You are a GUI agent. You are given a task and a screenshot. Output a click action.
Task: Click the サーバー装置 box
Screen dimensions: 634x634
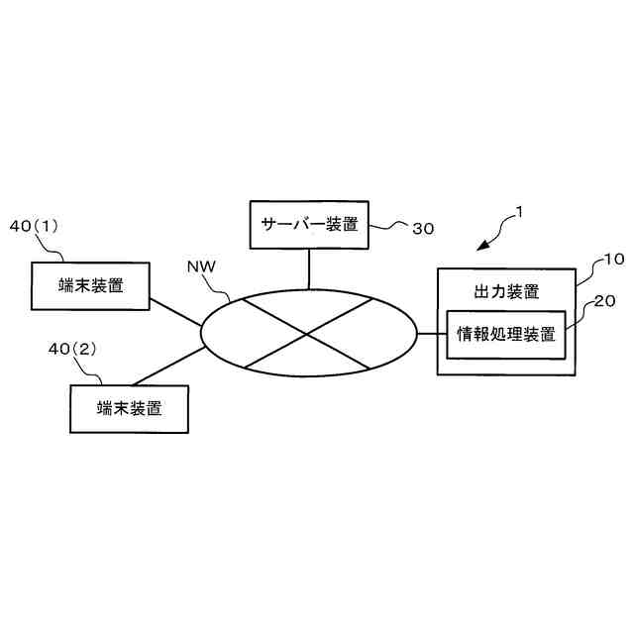[x=308, y=223]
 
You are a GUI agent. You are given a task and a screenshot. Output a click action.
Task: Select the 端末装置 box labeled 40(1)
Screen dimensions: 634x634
[x=91, y=285]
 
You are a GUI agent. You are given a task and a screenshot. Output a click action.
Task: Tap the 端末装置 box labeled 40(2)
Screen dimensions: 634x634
[x=129, y=407]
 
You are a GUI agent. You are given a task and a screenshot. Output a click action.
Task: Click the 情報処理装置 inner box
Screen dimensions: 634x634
[x=505, y=334]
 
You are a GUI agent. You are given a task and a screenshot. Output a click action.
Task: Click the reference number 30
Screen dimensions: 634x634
[x=423, y=228]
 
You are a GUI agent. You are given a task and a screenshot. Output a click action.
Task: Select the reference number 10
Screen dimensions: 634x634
[x=613, y=260]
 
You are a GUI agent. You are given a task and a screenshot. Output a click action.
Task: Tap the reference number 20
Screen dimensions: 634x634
[x=603, y=301]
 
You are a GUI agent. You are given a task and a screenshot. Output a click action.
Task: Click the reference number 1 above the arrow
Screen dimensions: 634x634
[x=518, y=211]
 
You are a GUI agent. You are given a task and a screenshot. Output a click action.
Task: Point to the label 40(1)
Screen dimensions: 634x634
[x=35, y=226]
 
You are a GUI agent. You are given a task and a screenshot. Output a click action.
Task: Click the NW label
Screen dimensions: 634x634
[x=201, y=267]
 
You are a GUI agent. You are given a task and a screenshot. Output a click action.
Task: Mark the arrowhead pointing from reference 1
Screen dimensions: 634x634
[x=481, y=245]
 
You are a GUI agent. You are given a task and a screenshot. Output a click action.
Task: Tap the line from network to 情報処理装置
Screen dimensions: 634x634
[x=432, y=334]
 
